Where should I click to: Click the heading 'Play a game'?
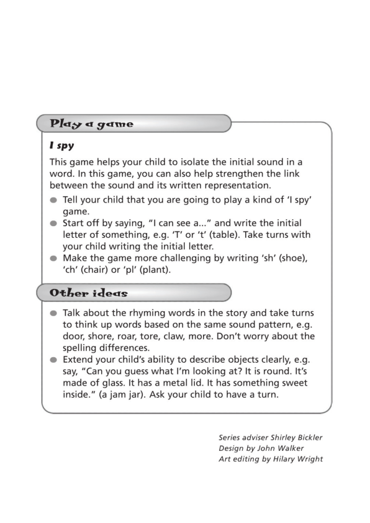(x=91, y=124)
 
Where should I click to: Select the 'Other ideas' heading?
(x=89, y=293)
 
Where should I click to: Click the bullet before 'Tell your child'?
(x=54, y=200)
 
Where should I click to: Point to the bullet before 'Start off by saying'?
(x=54, y=223)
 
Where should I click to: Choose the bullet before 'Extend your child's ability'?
(x=54, y=360)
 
